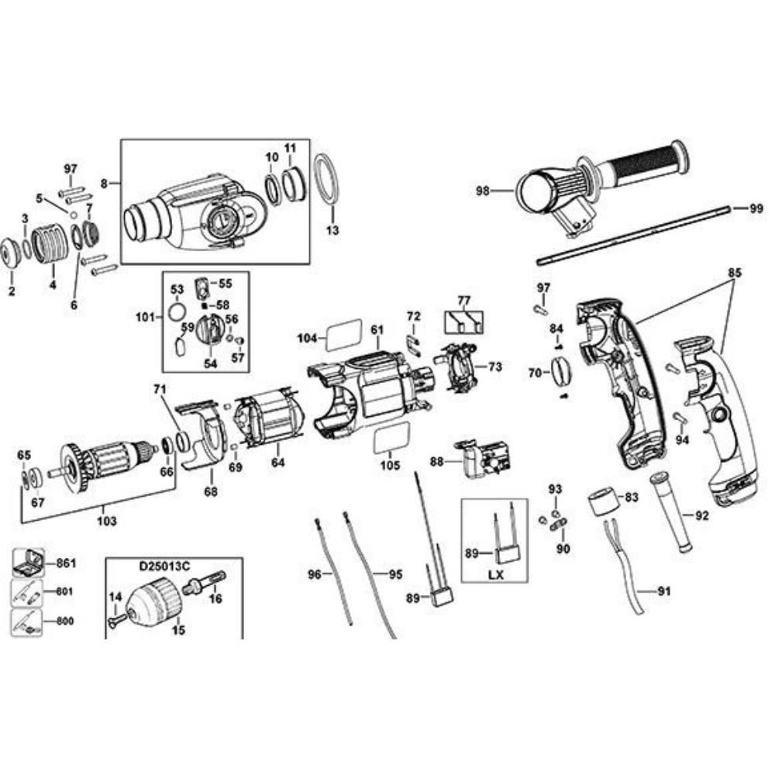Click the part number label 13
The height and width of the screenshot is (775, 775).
[x=332, y=231]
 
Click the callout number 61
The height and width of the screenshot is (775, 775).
[x=377, y=330]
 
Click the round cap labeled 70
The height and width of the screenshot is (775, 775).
[x=560, y=371]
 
